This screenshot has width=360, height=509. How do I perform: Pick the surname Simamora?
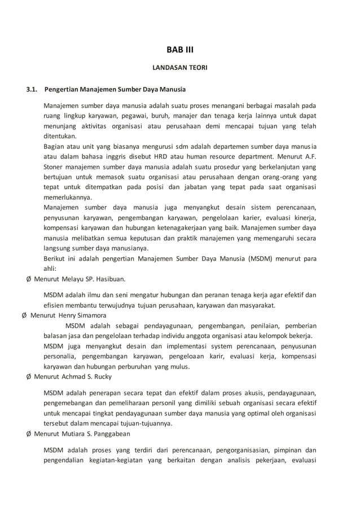(x=83, y=315)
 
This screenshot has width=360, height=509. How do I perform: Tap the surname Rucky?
(x=101, y=376)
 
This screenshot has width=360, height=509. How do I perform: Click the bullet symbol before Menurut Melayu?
(x=29, y=279)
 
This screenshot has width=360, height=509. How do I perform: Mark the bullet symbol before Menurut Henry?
(x=23, y=315)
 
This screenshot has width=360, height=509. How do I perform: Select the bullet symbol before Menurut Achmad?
(x=29, y=376)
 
